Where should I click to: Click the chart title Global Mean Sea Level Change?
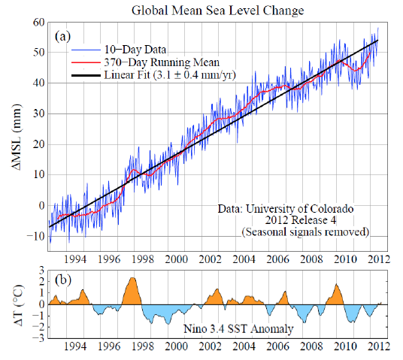tap(218, 11)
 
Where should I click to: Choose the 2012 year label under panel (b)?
tap(378, 349)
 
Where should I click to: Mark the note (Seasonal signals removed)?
tap(311, 232)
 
